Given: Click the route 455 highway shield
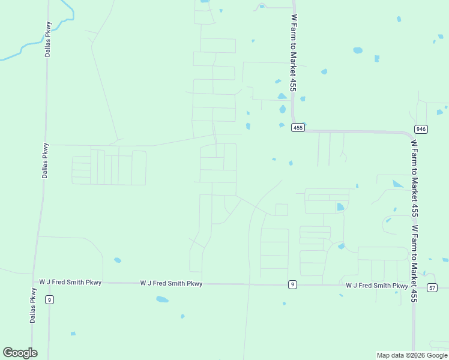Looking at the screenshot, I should click(298, 127).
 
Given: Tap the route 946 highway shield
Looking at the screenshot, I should click(421, 129).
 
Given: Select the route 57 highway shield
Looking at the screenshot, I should click(432, 288).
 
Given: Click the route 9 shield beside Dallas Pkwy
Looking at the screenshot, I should click(50, 299).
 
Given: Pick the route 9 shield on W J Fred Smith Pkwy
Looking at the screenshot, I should click(292, 284).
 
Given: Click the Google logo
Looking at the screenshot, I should click(20, 353).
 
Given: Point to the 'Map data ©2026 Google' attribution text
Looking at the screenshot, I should click(412, 355).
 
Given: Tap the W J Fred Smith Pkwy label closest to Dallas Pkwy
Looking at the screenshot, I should click(71, 282).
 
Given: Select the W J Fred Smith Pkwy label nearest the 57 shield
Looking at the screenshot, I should click(377, 286).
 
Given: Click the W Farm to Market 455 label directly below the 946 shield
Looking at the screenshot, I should click(414, 178).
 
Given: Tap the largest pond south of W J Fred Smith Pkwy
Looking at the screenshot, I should click(162, 299).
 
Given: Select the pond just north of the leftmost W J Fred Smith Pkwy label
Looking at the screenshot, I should click(118, 260).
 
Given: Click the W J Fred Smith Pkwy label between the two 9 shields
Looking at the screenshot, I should click(172, 283).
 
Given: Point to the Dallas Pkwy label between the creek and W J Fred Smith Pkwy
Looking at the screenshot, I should click(45, 161).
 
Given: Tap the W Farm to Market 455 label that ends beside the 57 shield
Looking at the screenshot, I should click(414, 264).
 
